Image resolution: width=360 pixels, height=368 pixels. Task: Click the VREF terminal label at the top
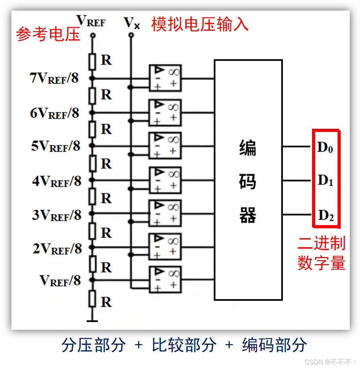click(x=91, y=21)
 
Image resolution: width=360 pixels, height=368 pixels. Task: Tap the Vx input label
click(x=131, y=23)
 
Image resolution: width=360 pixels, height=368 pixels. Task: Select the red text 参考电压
click(x=48, y=35)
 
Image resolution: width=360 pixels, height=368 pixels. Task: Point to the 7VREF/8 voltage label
click(x=54, y=78)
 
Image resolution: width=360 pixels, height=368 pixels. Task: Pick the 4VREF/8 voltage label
click(x=57, y=181)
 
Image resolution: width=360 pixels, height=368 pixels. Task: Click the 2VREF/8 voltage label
click(x=57, y=249)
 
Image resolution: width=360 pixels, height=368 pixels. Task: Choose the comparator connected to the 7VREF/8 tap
click(x=165, y=78)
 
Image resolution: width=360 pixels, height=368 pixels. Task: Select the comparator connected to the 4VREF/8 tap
click(x=165, y=180)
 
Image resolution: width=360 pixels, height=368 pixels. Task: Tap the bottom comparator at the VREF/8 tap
click(x=165, y=279)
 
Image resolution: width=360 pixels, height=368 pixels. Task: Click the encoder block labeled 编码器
click(x=248, y=180)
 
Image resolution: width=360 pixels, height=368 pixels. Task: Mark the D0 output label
click(x=325, y=148)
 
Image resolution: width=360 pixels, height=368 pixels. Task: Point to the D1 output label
click(x=325, y=181)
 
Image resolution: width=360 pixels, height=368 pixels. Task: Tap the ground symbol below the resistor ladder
click(x=92, y=321)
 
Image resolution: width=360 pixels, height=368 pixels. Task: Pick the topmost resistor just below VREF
click(x=92, y=61)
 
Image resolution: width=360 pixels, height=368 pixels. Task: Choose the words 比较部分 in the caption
click(x=184, y=345)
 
